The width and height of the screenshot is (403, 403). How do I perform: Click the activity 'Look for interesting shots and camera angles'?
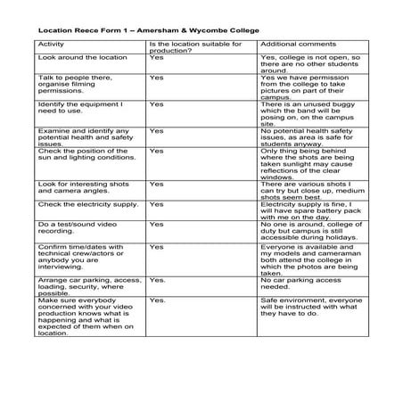pyautogui.click(x=81, y=188)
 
